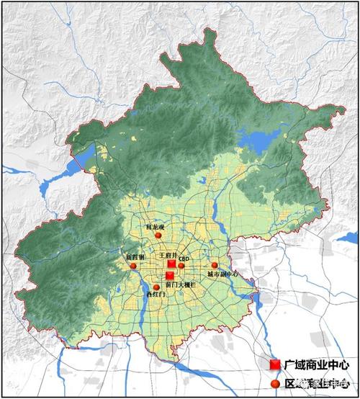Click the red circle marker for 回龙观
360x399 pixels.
pos(158,235)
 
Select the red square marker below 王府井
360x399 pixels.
pos(171,264)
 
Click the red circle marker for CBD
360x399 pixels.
pos(181,266)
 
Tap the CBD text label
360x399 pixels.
pos(184,257)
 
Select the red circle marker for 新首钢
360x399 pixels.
pos(133,266)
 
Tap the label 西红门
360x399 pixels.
pos(155,295)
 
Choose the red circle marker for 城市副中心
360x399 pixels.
pos(215,266)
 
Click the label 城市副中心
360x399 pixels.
pos(222,274)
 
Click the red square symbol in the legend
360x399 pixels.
pos(275,366)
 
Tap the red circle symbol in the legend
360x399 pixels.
pos(275,382)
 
